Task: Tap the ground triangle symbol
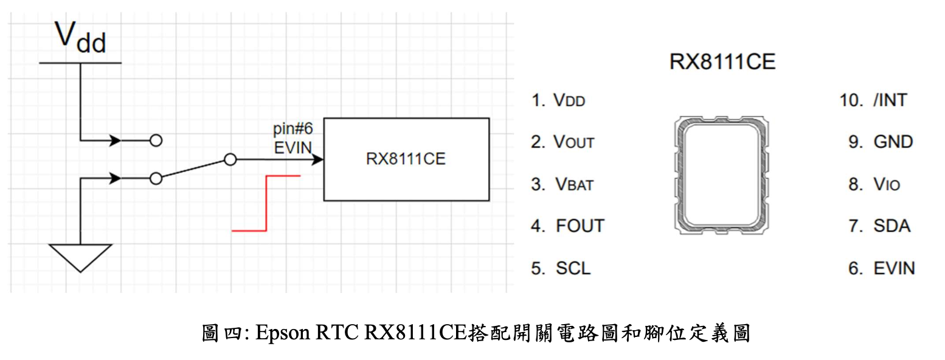80,256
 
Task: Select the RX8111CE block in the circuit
406,159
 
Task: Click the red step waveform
266,203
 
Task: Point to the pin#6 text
293,130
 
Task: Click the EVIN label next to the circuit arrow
293,147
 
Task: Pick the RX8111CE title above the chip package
722,62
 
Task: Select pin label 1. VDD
558,100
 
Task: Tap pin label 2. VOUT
562,142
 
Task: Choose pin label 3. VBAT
562,184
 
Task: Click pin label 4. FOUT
567,226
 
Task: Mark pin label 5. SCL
561,268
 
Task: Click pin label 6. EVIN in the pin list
881,268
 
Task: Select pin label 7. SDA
879,226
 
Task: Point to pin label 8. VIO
874,184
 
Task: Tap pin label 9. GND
881,142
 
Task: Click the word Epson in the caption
283,333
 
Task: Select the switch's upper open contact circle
156,140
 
